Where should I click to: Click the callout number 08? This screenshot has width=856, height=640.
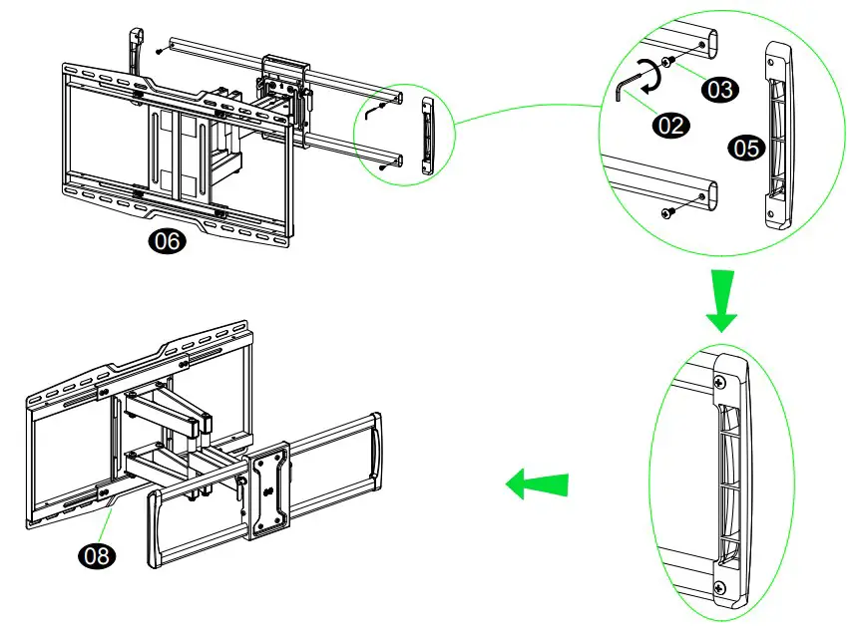click(97, 556)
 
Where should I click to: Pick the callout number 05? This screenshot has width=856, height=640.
click(745, 149)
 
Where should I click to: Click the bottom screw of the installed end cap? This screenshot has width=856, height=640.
click(718, 587)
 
